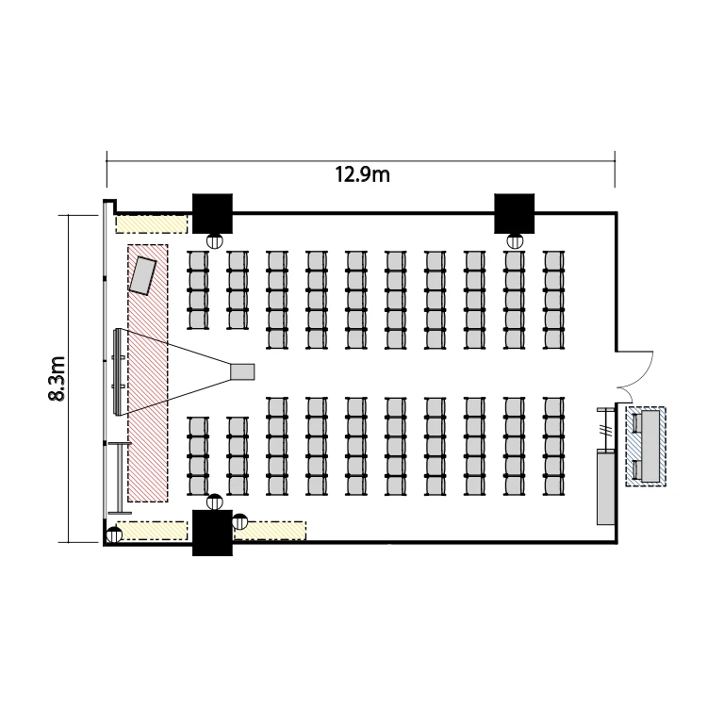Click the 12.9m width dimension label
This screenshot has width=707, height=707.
point(362,174)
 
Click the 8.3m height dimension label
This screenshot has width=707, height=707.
point(58,379)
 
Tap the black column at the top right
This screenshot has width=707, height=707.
point(514,214)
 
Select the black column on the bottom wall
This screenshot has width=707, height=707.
point(212,533)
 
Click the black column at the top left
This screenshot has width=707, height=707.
point(212,214)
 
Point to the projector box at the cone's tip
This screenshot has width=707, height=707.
point(242,372)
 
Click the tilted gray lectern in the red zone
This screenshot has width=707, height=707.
point(142,275)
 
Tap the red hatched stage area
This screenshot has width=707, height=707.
point(148,373)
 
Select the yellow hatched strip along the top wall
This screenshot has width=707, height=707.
point(151,224)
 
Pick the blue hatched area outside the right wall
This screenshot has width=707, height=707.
point(646,447)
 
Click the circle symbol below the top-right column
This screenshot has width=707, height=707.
point(515,241)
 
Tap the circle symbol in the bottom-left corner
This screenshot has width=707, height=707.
point(114,535)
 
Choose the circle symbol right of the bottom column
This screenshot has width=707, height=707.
point(239,521)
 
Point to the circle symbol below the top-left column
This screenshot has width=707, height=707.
point(215,241)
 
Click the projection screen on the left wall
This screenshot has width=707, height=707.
point(118,372)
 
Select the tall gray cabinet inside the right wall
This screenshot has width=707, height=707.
point(606,487)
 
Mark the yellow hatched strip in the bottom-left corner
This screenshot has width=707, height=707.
point(152,531)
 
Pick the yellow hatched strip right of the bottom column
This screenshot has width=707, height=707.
point(271,531)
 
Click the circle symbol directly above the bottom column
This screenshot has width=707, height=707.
point(215,501)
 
